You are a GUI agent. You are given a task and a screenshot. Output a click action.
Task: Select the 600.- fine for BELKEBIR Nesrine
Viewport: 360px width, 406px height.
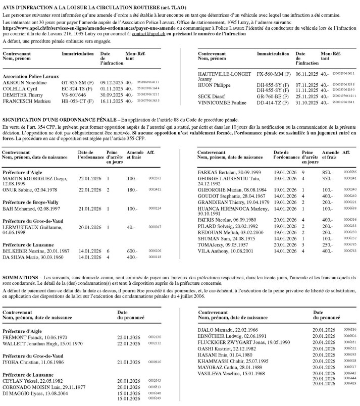pyautogui.click(x=132, y=250)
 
